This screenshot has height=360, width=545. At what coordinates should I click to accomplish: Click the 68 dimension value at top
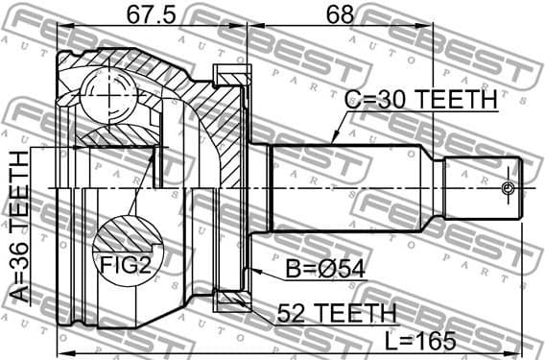click(x=340, y=14)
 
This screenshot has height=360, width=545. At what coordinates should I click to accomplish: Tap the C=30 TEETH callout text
click(x=421, y=100)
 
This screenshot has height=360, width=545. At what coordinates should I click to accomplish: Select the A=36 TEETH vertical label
click(x=20, y=227)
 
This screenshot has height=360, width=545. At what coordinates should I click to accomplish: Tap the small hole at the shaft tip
click(x=509, y=188)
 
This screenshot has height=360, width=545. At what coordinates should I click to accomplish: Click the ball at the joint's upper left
click(x=102, y=96)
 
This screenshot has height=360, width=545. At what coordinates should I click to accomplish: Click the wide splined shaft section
click(x=355, y=187)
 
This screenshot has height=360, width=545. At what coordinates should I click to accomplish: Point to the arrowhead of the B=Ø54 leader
click(x=252, y=264)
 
